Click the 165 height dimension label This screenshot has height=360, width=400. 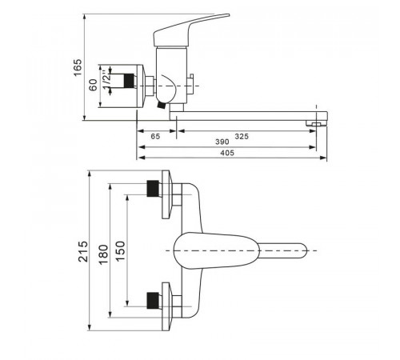pos(78,67)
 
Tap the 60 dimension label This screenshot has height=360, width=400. pos(93,85)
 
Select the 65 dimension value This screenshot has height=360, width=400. pos(155,136)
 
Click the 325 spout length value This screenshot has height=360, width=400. pos(242,136)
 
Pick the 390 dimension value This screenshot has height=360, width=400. pos(222,142)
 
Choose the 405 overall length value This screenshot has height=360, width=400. pos(227,153)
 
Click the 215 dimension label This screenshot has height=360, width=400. pos(83,251)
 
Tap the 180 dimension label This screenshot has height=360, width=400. pos(103,254)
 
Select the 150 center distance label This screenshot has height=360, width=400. pos(121,251)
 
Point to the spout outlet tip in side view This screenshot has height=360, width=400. pos(317,123)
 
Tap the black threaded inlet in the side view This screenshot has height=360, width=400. pos(129,81)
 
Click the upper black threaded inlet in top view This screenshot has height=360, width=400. pos(153,189)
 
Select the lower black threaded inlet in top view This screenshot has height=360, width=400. pos(153,301)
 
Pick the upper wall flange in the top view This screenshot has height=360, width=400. pos(166,194)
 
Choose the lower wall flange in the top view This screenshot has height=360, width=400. pos(166,306)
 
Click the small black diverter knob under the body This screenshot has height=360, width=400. pos(161,105)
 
